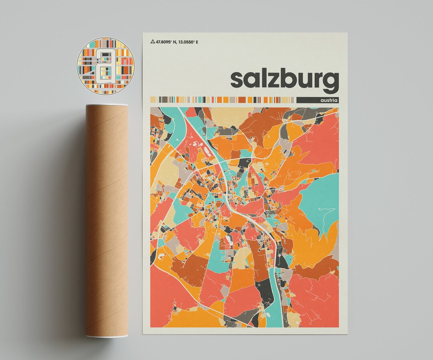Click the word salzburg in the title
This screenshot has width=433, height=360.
(284, 79)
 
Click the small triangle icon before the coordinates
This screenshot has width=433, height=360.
(152, 41)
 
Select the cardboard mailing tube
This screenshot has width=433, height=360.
(107, 220)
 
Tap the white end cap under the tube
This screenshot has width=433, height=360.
(107, 336)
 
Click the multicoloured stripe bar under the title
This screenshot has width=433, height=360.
(223, 99)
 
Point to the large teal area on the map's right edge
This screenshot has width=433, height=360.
(321, 200)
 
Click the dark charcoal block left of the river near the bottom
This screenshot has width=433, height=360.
(264, 297)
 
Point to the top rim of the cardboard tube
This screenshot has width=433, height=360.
(107, 106)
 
